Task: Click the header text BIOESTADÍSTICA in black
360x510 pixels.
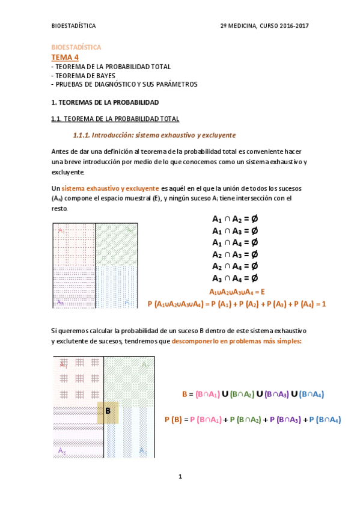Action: (74, 26)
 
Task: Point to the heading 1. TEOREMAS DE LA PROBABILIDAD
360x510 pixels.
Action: (105, 103)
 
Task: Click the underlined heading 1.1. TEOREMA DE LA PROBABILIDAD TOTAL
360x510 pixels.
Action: (115, 118)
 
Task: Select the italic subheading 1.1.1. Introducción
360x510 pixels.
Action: (154, 135)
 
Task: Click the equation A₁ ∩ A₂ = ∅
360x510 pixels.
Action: (235, 220)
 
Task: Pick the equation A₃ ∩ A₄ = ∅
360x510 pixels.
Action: (235, 278)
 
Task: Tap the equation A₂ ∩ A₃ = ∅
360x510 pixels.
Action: (235, 254)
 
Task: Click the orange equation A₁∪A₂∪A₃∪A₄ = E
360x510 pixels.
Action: (236, 292)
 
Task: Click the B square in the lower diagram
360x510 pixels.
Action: (108, 411)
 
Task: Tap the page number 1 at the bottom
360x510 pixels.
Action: (180, 477)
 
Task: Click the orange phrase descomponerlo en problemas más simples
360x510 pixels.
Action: (236, 341)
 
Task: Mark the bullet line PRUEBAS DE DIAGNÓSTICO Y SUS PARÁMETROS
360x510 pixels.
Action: (124, 85)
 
